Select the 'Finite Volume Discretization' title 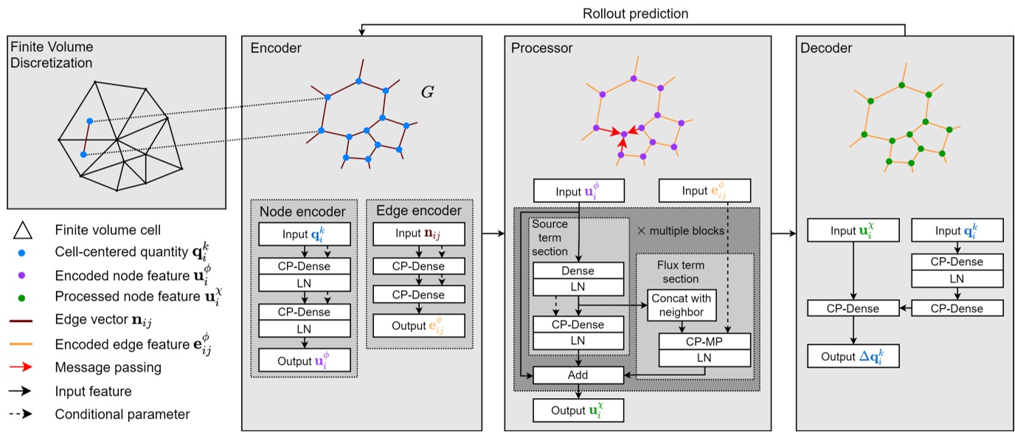pyautogui.click(x=52, y=55)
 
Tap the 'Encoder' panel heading pyautogui.click(x=276, y=49)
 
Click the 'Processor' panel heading pyautogui.click(x=542, y=49)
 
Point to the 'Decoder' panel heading pyautogui.click(x=825, y=49)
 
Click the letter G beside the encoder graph pyautogui.click(x=427, y=93)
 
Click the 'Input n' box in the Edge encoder pyautogui.click(x=418, y=234)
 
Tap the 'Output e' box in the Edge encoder pyautogui.click(x=418, y=325)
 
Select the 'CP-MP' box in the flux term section pyautogui.click(x=704, y=340)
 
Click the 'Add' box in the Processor pyautogui.click(x=578, y=375)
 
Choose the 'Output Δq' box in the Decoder pyautogui.click(x=853, y=357)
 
